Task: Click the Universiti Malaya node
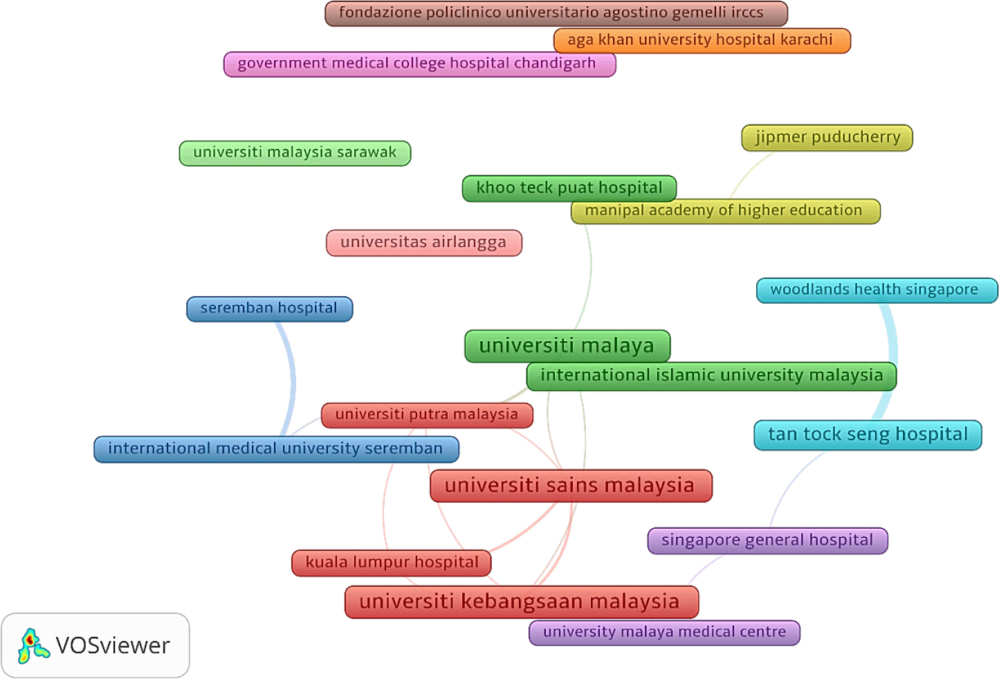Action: [x=567, y=345]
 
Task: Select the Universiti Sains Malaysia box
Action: [x=570, y=485]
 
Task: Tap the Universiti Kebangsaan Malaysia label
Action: [x=520, y=601]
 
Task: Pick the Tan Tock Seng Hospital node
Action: [x=867, y=435]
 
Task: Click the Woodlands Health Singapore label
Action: [x=876, y=290]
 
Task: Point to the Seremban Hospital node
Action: [x=269, y=309]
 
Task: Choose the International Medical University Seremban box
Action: [x=275, y=449]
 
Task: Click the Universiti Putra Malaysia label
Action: [x=426, y=415]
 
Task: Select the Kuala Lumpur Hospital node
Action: [x=392, y=562]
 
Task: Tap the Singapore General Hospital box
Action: [x=767, y=541]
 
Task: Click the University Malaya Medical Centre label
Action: [x=663, y=632]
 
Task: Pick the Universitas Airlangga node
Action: [x=423, y=242]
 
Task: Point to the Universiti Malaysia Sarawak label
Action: [x=295, y=153]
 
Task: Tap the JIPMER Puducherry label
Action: [x=827, y=137]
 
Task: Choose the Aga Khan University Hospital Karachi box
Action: [x=702, y=40]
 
